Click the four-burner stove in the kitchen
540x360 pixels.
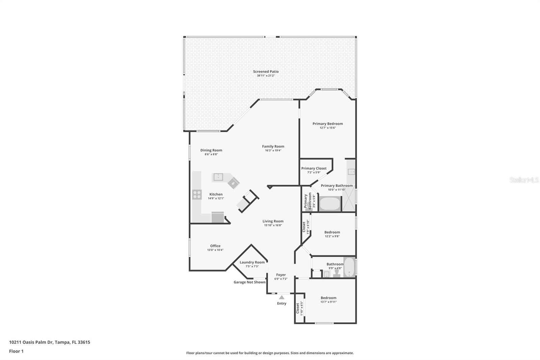(x=197, y=195)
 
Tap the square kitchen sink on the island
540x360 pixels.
(x=218, y=177)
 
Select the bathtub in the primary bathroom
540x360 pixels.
(x=329, y=204)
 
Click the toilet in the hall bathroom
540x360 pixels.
(x=336, y=273)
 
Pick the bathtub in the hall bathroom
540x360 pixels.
(x=349, y=267)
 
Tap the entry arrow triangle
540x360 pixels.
(x=281, y=297)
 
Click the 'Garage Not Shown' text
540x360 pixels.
(x=249, y=282)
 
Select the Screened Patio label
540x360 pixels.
(x=266, y=71)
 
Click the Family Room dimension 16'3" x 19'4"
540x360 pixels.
(x=273, y=150)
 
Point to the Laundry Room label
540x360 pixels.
(x=252, y=262)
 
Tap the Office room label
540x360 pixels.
(x=215, y=246)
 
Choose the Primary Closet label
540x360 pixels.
(x=314, y=169)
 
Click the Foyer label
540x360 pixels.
(x=281, y=275)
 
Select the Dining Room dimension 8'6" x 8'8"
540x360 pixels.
(x=211, y=154)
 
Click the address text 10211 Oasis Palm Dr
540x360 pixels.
(x=31, y=342)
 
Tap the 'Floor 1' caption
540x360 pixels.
(x=17, y=351)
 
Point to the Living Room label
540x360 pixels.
(x=273, y=221)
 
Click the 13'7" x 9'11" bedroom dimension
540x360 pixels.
(x=329, y=302)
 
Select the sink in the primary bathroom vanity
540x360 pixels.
(x=351, y=172)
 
